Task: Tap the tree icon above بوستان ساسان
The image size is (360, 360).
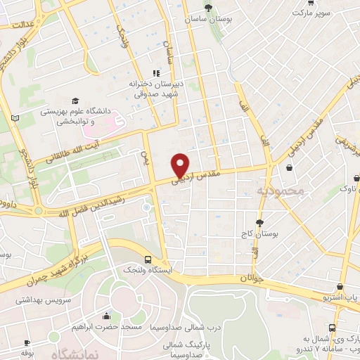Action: pyautogui.click(x=207, y=8)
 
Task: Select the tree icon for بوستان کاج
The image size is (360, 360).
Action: pyautogui.click(x=259, y=221)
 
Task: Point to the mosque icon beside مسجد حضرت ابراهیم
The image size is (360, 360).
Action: pyautogui.click(x=106, y=315)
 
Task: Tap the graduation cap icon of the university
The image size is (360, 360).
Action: pyautogui.click(x=75, y=101)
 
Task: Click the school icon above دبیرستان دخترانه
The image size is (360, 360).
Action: pyautogui.click(x=156, y=72)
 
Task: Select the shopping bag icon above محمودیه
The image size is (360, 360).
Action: pyautogui.click(x=290, y=167)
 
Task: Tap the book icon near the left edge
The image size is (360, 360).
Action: pyautogui.click(x=15, y=117)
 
